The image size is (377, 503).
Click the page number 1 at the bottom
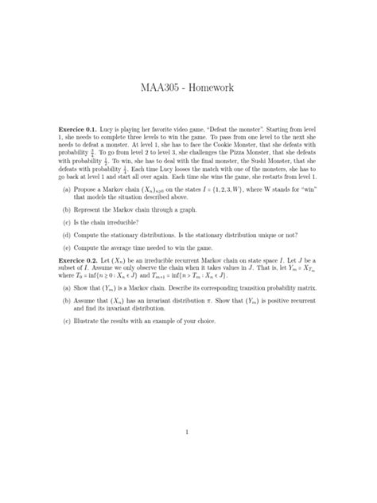185,432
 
